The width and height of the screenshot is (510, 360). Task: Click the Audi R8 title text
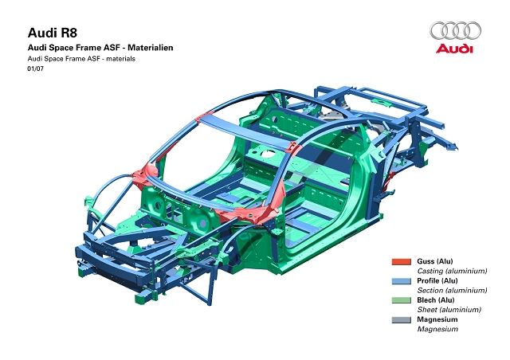53,33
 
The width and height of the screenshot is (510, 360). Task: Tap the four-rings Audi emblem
455,30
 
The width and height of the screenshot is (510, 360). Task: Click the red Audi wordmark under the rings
454,48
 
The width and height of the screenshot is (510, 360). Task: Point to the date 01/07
35,68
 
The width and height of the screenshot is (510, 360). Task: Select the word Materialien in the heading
151,48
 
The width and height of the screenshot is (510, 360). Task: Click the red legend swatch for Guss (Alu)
402,261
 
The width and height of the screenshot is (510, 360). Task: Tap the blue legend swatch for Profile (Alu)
402,281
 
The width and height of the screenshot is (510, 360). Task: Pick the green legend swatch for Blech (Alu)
402,300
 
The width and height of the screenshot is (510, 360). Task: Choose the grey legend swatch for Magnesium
402,319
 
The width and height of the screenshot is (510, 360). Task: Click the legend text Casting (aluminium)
452,271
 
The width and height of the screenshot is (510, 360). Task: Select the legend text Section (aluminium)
452,290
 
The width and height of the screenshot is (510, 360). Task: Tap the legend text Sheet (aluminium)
449,310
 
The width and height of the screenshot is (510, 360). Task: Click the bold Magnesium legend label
437,319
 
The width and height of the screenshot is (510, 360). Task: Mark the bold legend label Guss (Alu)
435,261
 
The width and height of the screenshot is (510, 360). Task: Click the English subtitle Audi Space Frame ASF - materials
81,59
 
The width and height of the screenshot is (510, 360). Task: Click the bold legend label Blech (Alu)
436,300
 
